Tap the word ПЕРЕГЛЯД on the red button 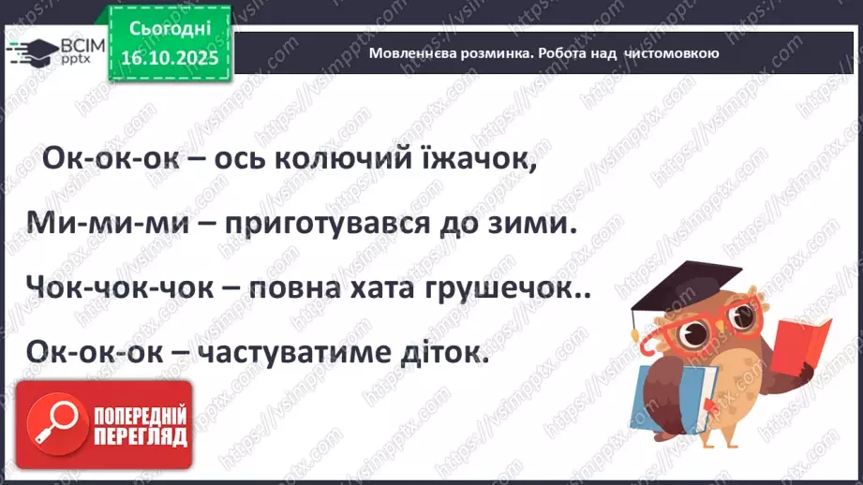point(139,435)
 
